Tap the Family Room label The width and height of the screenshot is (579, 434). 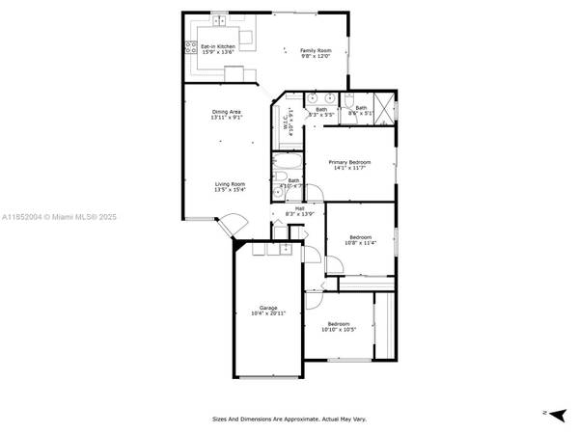pos(315,50)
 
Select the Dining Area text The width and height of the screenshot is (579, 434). pos(227,113)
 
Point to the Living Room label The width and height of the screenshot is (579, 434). pos(230,184)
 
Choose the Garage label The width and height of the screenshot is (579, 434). pos(267,308)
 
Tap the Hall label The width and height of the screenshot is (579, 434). pos(300,207)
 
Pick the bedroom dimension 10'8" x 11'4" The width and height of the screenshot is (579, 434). pos(360,243)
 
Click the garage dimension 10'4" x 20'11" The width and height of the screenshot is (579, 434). pos(267,314)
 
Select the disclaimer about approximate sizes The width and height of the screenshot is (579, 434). pos(289,419)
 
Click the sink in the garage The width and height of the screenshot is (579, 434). pos(286,249)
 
